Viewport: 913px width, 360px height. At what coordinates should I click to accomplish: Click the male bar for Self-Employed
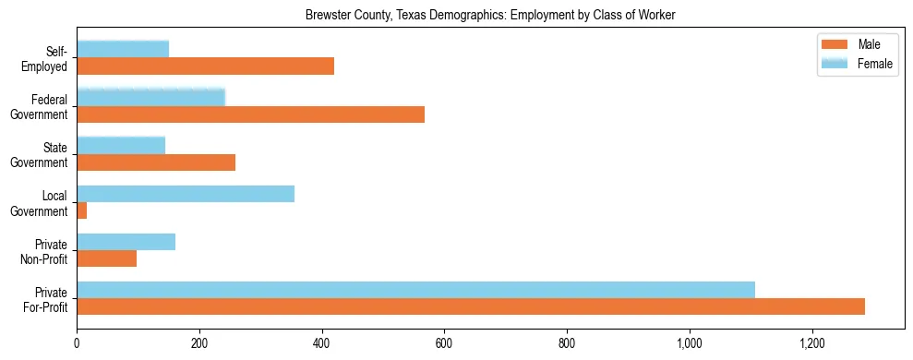[205, 66]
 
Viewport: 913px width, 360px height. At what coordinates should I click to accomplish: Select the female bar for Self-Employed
[123, 49]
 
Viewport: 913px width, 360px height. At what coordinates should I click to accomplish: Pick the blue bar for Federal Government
[150, 97]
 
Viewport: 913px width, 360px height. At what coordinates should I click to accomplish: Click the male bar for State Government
[156, 162]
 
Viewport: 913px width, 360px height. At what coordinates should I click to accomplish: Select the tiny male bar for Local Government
[82, 210]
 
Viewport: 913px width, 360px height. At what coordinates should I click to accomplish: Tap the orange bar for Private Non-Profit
[107, 258]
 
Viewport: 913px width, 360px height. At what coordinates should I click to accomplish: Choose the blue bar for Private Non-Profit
[126, 241]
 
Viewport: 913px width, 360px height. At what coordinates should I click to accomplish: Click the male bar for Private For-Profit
[471, 306]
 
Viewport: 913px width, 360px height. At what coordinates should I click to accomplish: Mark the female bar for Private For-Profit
[415, 289]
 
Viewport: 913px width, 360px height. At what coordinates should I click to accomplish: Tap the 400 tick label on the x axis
[322, 343]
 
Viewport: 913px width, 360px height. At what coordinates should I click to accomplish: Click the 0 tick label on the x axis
[77, 343]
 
